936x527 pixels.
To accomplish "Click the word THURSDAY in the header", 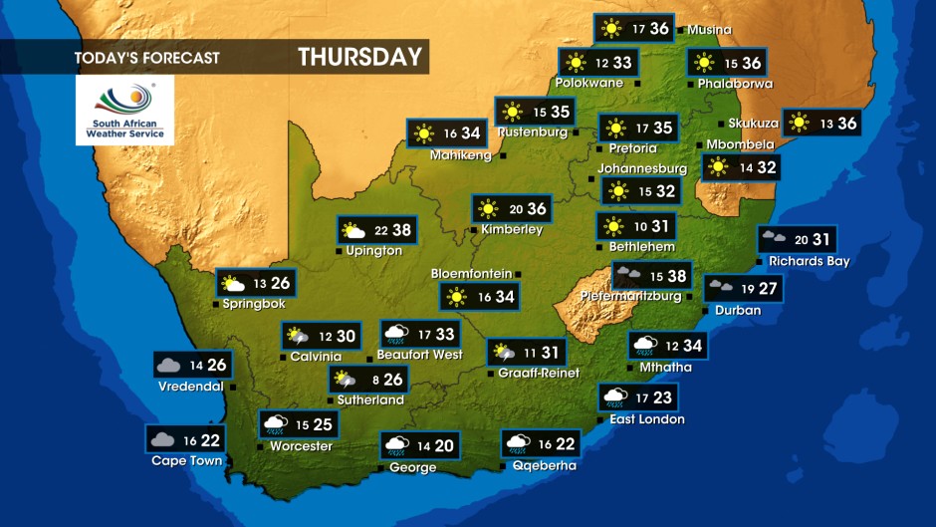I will [359, 57].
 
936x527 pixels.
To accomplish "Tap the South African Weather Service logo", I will [124, 110].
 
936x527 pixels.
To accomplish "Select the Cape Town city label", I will [186, 461].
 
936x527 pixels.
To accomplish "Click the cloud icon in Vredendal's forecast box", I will [168, 366].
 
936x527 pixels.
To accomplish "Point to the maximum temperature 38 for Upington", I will [401, 230].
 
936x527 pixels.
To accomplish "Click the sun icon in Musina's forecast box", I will [608, 29].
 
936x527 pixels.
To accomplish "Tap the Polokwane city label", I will [589, 83].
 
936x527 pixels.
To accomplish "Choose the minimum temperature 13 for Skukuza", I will [825, 123].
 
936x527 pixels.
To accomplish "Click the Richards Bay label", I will [809, 261].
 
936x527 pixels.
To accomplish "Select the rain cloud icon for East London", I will [614, 398].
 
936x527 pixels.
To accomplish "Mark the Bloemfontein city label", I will [471, 273].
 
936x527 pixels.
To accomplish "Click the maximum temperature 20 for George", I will [443, 446].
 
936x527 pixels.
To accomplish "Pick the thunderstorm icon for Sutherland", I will [345, 380].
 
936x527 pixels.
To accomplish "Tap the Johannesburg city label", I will [642, 168].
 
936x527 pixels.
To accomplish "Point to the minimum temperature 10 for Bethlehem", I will [641, 227].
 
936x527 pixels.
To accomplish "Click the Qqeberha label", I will [544, 464].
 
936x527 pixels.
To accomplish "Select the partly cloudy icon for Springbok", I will [233, 284].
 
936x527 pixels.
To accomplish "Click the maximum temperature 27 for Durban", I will [768, 289].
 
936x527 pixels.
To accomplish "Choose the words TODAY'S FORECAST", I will [146, 58].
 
